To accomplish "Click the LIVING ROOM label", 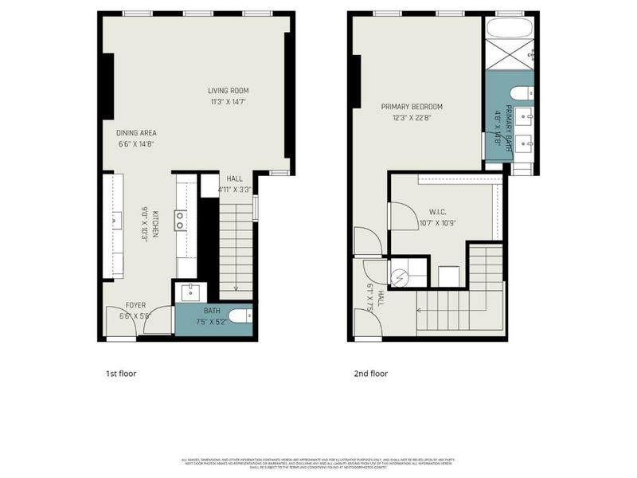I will click(225, 90).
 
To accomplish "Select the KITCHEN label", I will click(156, 224).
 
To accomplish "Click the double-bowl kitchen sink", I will click(181, 220).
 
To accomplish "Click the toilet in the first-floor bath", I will click(244, 316).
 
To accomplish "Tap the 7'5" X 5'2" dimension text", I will click(212, 322).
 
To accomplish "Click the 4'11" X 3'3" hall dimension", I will click(234, 190).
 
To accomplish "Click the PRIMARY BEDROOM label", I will click(411, 107).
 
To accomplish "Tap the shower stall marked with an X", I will click(510, 57).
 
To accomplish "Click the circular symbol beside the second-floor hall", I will click(400, 276).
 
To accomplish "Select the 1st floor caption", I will click(122, 373).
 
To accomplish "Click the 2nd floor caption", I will click(371, 373).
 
